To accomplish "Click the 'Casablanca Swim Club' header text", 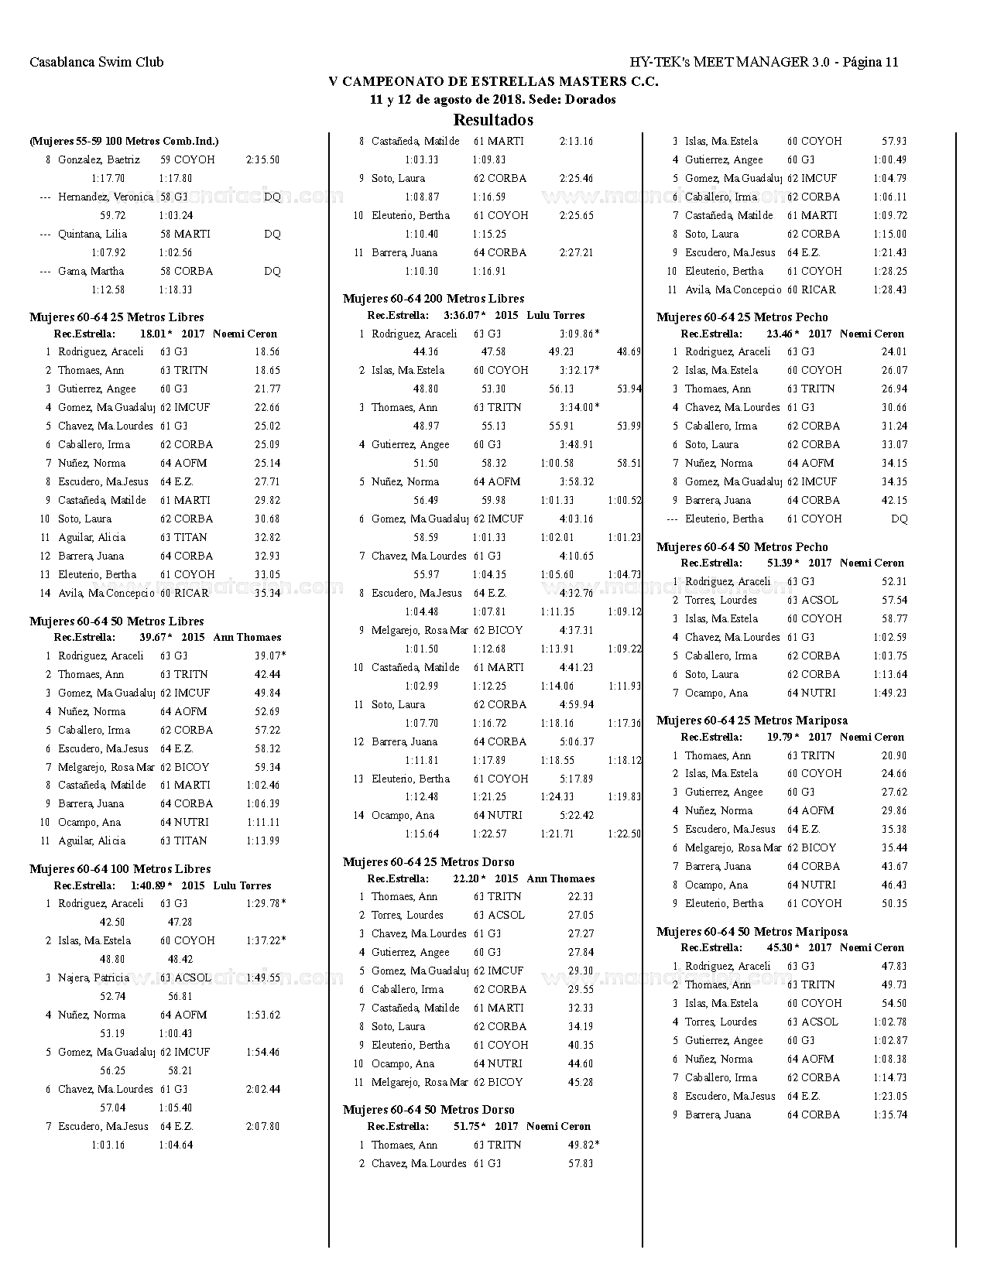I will [97, 63].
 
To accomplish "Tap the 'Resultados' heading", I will [493, 120].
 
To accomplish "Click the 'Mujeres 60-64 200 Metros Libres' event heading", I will [434, 299].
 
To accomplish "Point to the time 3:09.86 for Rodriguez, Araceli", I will [577, 334].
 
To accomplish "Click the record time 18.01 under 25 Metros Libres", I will [153, 334].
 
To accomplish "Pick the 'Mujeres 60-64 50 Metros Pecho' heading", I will [742, 547].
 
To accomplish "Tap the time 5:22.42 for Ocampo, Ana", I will [577, 816].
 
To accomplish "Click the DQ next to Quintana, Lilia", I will [272, 235].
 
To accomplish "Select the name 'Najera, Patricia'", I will [94, 978].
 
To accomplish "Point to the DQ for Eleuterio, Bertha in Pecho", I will [899, 519].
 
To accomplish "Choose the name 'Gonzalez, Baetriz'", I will [99, 160].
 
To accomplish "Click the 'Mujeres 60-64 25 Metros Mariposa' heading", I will [752, 721].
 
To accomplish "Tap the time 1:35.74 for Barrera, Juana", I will [890, 1115].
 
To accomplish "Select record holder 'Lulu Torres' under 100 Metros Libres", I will [242, 886].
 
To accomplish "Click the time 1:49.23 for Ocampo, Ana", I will [890, 693].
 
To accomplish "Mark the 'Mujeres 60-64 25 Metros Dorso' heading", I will [428, 862].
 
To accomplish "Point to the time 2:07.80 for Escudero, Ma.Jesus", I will [263, 1127].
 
